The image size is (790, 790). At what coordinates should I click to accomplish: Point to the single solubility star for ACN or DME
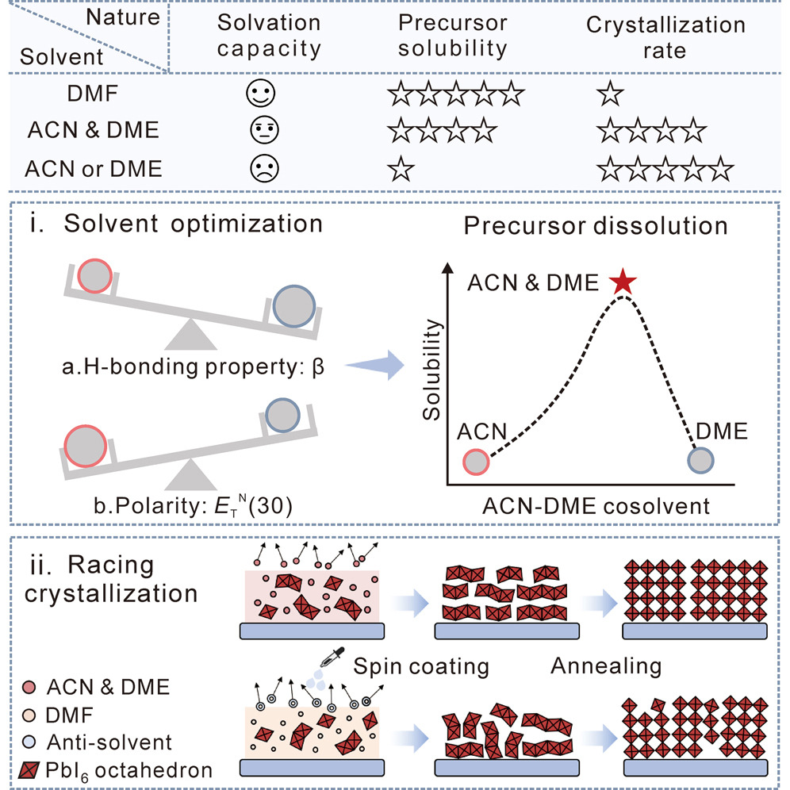(x=400, y=168)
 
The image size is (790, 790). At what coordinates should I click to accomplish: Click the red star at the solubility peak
(x=623, y=282)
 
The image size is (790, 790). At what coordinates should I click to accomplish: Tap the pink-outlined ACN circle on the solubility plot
(x=474, y=462)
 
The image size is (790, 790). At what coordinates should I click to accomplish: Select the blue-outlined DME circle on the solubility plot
(x=701, y=459)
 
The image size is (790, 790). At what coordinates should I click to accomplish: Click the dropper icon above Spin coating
(x=329, y=654)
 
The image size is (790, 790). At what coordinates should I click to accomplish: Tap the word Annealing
(x=606, y=665)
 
